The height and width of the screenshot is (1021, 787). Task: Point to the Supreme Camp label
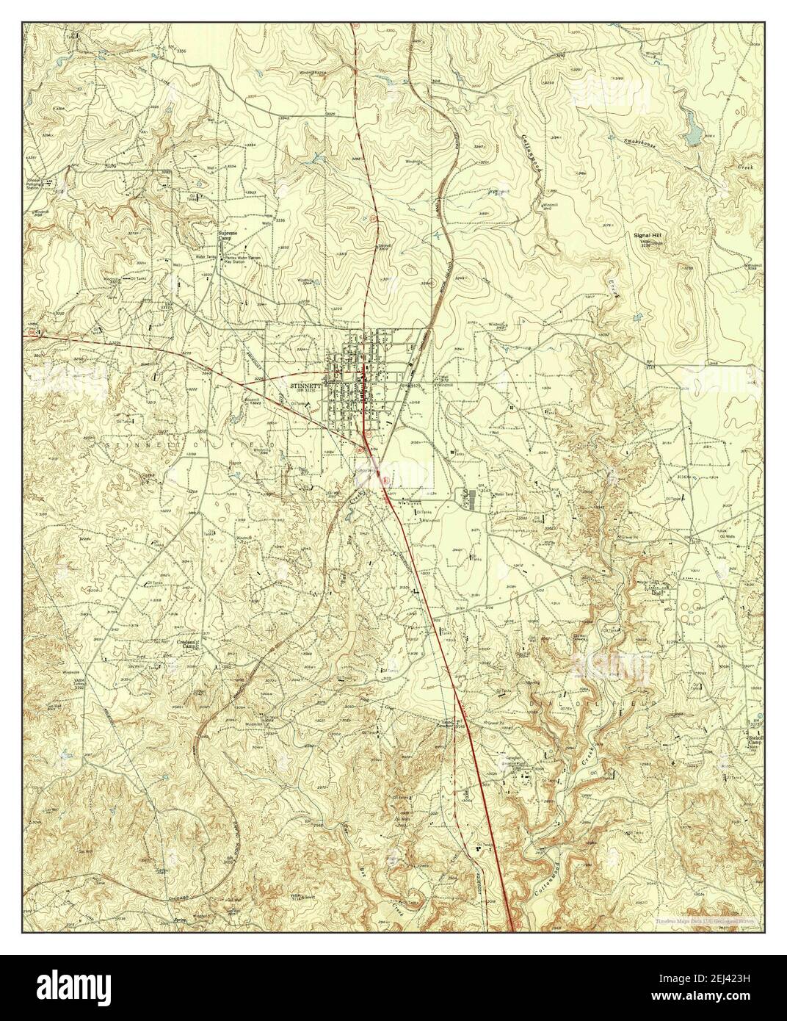[x=228, y=237]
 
